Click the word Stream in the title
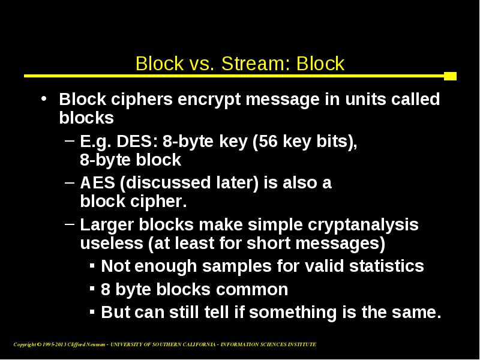(254, 64)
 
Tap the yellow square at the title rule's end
(451, 76)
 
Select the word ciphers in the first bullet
(142, 100)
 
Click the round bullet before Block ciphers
(44, 98)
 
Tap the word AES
(97, 183)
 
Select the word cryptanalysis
(363, 225)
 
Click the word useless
(112, 243)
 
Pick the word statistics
(386, 266)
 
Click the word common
(252, 290)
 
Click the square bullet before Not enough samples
(92, 265)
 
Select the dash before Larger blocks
(70, 224)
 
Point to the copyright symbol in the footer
(39, 344)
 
